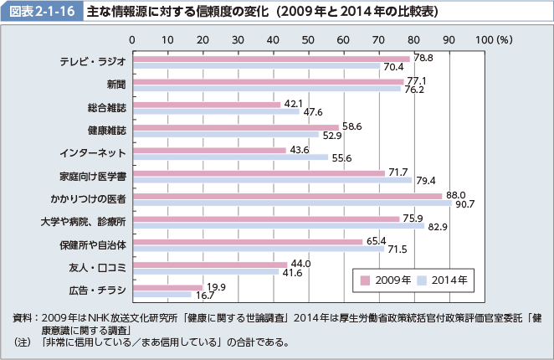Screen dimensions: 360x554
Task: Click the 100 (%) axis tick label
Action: (493, 40)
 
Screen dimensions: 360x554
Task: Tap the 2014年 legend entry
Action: (446, 279)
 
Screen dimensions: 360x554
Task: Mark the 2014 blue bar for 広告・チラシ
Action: (162, 295)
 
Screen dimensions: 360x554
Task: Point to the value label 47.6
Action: (314, 111)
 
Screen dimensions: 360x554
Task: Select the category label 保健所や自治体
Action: (90, 245)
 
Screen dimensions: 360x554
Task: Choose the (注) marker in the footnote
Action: (23, 342)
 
